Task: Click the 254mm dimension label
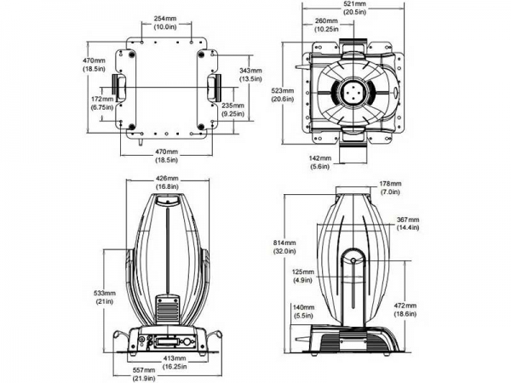click(x=165, y=22)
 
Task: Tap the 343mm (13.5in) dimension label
click(x=250, y=74)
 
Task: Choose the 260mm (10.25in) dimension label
click(x=326, y=25)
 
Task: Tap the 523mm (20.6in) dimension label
click(x=282, y=94)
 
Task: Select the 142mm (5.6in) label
click(x=321, y=163)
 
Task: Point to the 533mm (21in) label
click(x=106, y=297)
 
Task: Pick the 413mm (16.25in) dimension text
click(x=175, y=365)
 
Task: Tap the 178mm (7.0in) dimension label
click(x=391, y=187)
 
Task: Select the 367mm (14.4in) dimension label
click(x=408, y=223)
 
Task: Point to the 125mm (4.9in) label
click(x=303, y=276)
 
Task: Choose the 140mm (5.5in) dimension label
click(x=302, y=312)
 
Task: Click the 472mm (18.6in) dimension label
click(x=405, y=309)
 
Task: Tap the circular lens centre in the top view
click(x=353, y=91)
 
